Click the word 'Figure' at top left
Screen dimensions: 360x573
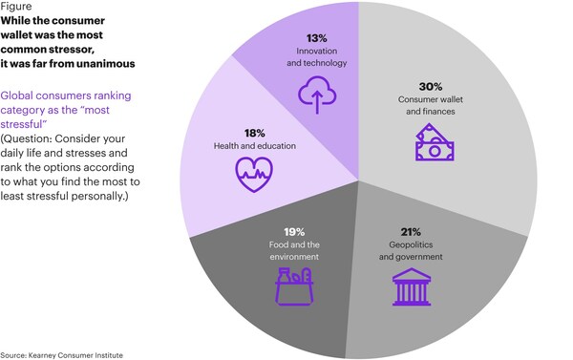tap(17, 7)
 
